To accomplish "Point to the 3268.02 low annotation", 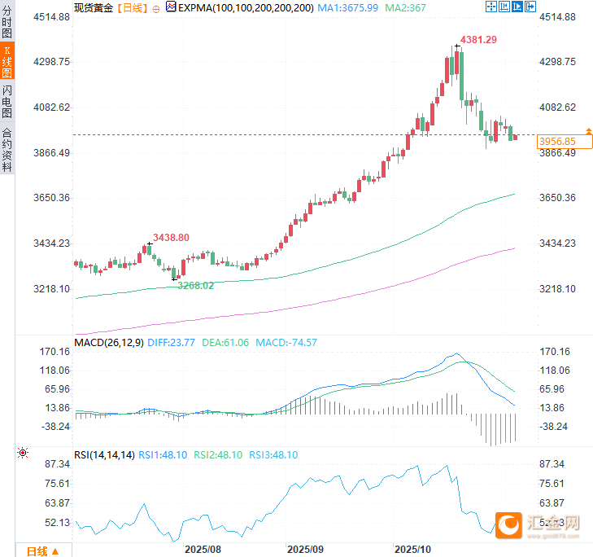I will click(196, 285).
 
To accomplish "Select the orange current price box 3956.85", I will click(557, 141).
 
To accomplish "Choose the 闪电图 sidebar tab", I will click(7, 101).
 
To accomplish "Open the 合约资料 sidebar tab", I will click(7, 149).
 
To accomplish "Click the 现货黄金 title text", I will click(93, 7).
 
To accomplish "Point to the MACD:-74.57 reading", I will click(286, 343).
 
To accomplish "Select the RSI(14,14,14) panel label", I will click(104, 454).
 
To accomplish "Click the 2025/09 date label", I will click(306, 550).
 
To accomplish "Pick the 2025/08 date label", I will click(203, 550).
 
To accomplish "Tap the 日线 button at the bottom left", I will click(41, 551).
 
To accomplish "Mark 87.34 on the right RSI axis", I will click(552, 463).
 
